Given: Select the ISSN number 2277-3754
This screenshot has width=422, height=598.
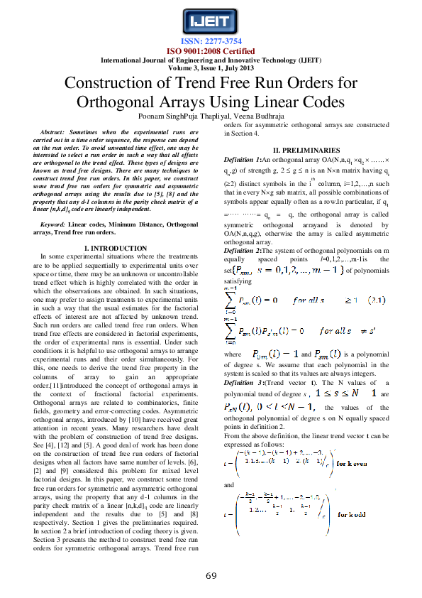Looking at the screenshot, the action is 211,42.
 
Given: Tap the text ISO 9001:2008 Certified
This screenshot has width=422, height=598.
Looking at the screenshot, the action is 211,51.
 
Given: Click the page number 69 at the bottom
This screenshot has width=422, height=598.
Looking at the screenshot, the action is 211,575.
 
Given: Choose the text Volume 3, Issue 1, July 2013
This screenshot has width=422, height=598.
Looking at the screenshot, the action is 211,67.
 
